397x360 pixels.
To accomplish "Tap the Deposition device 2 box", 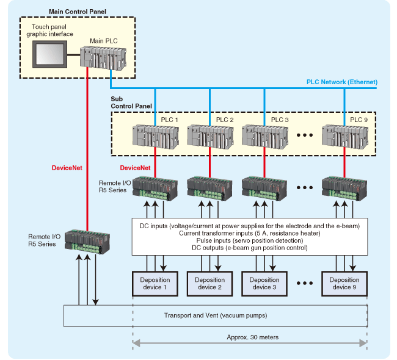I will (210, 283).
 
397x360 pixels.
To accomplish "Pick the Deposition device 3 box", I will (265, 283).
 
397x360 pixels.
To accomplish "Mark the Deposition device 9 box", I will (344, 283).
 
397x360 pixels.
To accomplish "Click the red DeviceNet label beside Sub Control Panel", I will (136, 167).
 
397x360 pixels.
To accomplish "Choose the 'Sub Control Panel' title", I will (131, 102).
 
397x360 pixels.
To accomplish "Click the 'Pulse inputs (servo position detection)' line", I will (249, 240).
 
